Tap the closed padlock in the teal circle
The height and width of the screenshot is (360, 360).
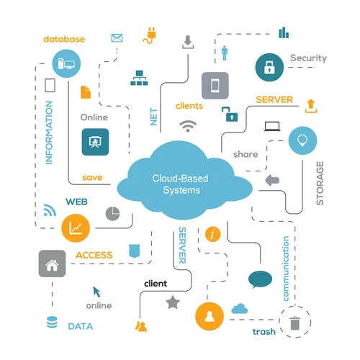pos(269,68)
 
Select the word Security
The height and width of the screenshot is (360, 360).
pos(308,58)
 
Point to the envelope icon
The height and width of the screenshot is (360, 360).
pos(117,37)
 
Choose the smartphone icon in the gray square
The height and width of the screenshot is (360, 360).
pos(215,86)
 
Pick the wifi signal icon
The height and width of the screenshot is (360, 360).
pos(189,126)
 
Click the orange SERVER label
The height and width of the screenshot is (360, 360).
pos(274,99)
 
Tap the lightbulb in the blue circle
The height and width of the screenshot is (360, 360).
pos(302,140)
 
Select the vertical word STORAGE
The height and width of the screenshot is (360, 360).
pos(320,183)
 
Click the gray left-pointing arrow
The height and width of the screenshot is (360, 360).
pos(272,180)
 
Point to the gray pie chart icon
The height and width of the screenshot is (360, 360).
pos(112,213)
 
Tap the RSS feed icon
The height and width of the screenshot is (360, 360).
pos(50,210)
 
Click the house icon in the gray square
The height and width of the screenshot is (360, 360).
pos(52,264)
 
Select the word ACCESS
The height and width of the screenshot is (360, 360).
pos(94,255)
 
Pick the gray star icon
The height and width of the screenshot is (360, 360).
pos(172,303)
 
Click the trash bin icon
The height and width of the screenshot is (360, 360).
pos(294,323)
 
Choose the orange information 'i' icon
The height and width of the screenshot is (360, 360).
pos(212,234)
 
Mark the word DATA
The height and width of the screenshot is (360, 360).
pos(80,326)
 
